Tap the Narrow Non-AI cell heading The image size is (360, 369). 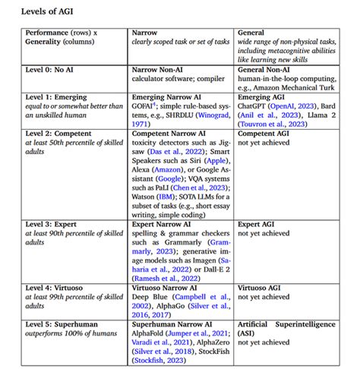click(162, 70)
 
